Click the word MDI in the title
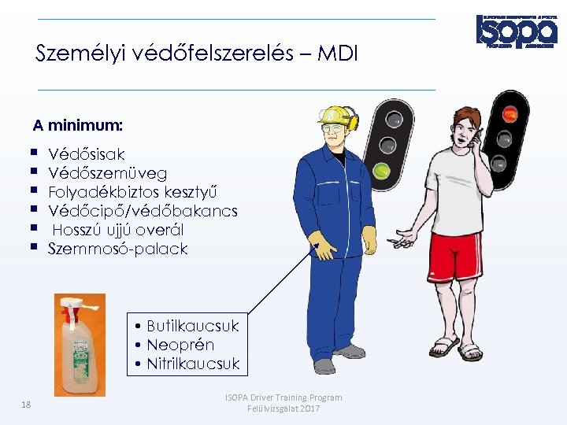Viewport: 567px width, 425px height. pos(339,54)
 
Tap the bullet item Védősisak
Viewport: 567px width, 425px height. pos(86,154)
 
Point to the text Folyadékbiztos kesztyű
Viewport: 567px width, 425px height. pos(132,192)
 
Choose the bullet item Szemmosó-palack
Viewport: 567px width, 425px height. pos(117,249)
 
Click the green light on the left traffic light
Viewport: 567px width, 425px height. pos(383,169)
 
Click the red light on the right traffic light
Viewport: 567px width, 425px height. pos(509,114)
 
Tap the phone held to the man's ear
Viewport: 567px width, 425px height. pos(471,142)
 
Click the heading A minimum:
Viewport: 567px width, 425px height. pos(77,125)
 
